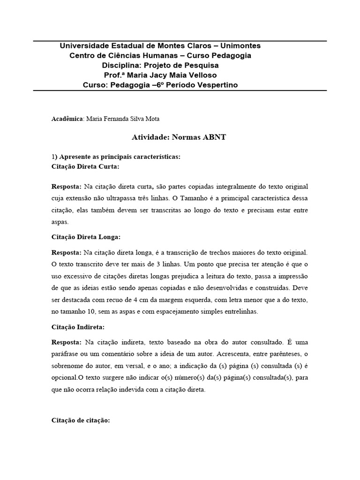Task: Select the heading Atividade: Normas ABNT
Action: [x=180, y=138]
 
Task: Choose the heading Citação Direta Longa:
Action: [x=89, y=237]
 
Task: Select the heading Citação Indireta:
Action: [x=78, y=326]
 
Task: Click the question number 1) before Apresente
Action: [x=54, y=156]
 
